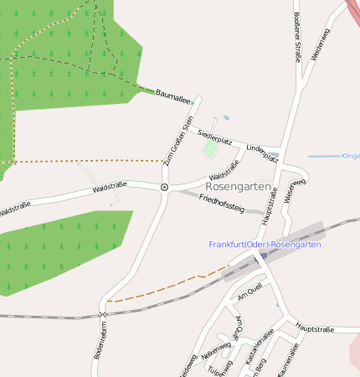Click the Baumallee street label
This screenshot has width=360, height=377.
click(x=174, y=96)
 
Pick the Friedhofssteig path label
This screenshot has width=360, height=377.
click(x=222, y=203)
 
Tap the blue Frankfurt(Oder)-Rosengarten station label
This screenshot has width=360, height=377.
click(x=265, y=245)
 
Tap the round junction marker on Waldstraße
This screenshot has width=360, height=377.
click(x=164, y=188)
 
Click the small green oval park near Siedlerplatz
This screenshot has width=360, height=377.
click(x=209, y=149)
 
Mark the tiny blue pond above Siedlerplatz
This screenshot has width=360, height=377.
click(x=224, y=118)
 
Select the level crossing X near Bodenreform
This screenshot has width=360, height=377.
click(x=103, y=314)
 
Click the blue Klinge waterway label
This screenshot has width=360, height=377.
click(x=350, y=156)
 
